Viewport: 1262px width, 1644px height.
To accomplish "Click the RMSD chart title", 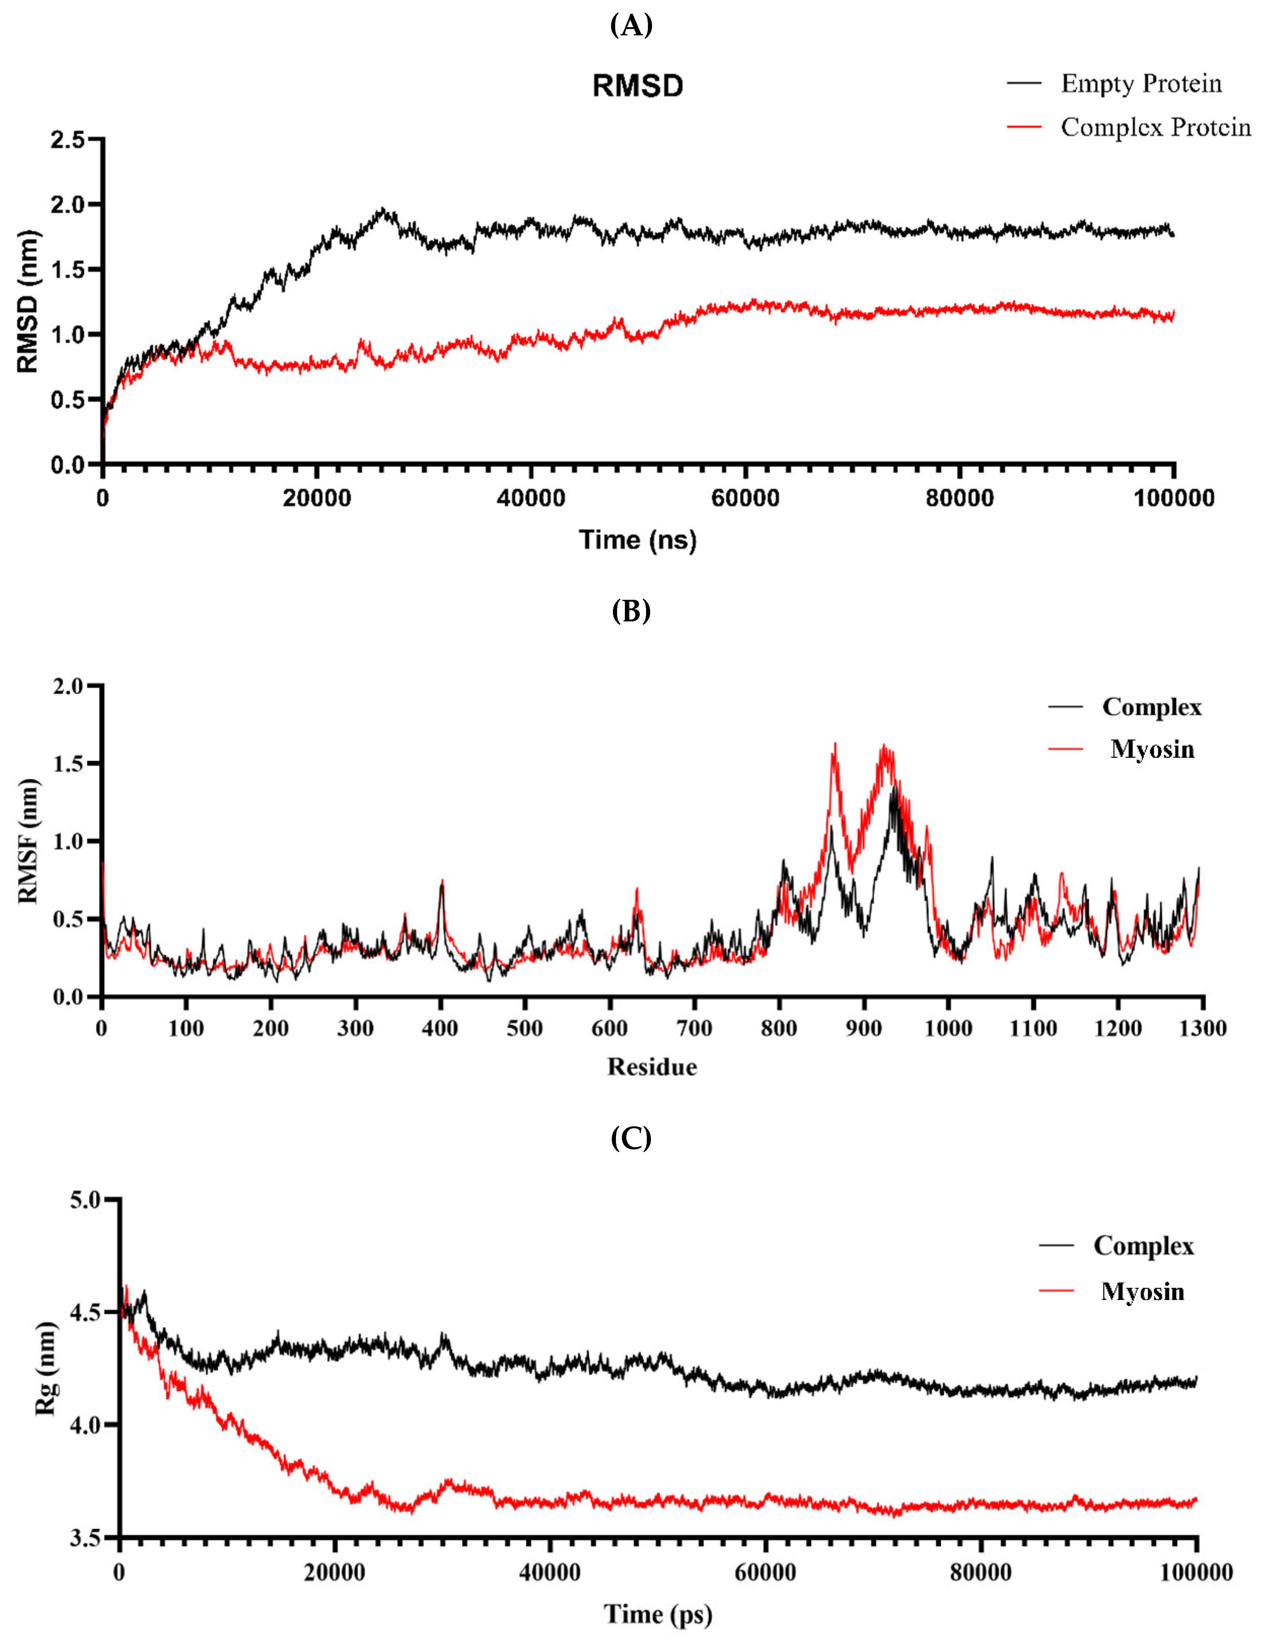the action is pos(638,86).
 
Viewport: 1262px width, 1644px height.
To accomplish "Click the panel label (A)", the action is pos(631,26).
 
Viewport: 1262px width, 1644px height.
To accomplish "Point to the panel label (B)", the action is pos(631,611).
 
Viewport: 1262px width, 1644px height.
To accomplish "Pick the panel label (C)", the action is pos(631,1139).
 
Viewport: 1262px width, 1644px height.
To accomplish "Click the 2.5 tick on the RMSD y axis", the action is pos(68,140).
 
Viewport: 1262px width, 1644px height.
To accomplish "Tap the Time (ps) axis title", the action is pos(658,1613).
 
